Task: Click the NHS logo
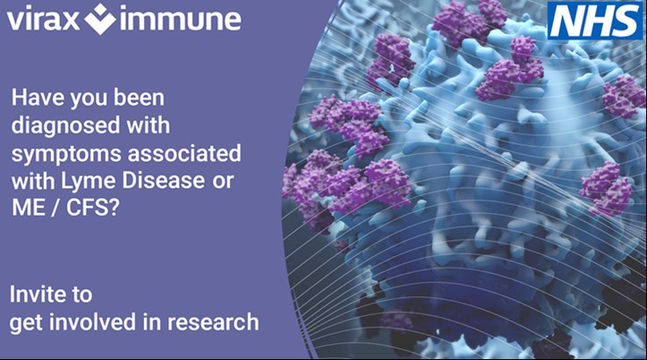595,21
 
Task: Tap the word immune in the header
182,20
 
